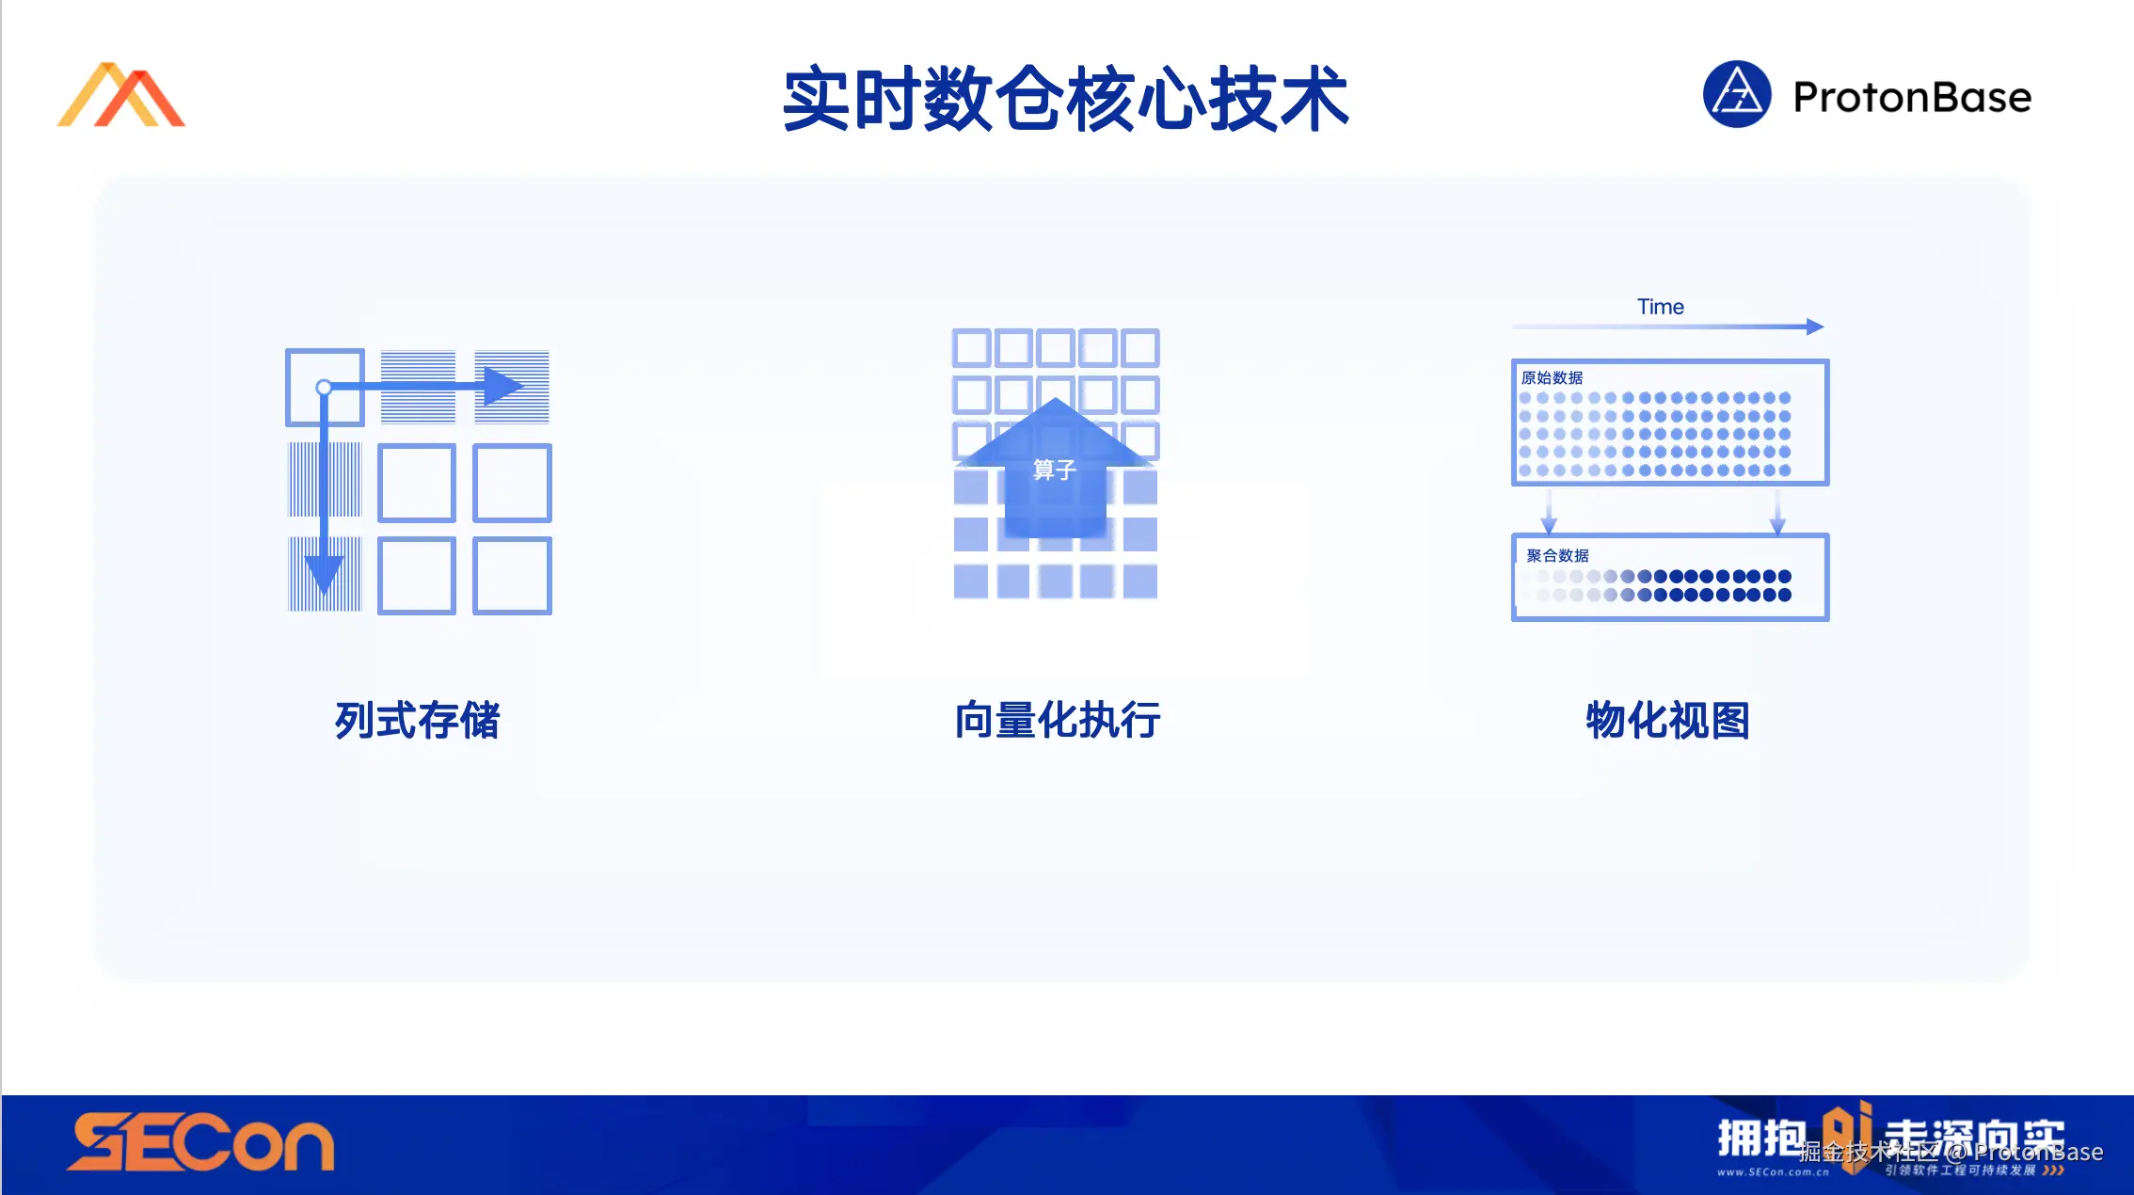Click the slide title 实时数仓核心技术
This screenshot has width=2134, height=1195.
[x=1066, y=99]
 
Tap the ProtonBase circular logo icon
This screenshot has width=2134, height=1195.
[x=1737, y=94]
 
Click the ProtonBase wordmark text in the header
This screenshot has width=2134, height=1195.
[x=1912, y=97]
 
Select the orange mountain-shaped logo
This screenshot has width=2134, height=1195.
[x=121, y=95]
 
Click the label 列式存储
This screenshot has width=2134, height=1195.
[x=417, y=721]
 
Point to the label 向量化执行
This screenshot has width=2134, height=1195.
[x=1057, y=721]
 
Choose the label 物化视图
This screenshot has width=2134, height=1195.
[x=1667, y=721]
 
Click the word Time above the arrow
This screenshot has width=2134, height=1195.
[x=1660, y=307]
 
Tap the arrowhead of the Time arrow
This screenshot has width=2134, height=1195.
[x=1815, y=327]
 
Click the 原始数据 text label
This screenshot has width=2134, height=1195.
[x=1552, y=377]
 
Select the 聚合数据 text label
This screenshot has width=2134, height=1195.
[x=1557, y=555]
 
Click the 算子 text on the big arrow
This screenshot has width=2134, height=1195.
[x=1054, y=470]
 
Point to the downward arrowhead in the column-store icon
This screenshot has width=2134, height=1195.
[x=324, y=574]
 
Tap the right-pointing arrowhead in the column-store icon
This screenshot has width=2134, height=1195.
[x=502, y=386]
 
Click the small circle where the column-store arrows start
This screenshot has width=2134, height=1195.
[x=324, y=387]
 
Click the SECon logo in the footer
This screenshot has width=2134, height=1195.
[x=200, y=1142]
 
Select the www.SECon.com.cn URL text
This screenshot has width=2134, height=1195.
[x=1773, y=1172]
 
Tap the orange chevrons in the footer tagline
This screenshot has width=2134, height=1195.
[x=2053, y=1171]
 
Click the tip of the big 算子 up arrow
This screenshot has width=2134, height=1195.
[x=1056, y=402]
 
